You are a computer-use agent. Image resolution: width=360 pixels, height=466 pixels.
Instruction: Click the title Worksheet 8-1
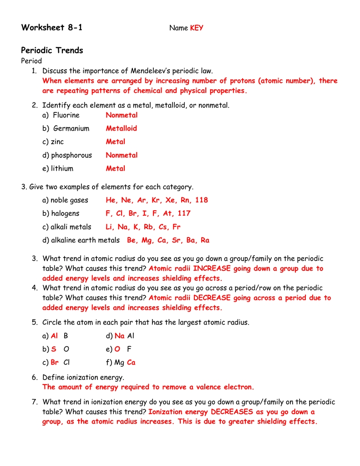point(52,28)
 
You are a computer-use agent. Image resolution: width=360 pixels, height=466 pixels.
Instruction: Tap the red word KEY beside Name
point(197,28)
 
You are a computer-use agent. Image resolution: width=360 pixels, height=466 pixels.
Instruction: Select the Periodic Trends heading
point(52,51)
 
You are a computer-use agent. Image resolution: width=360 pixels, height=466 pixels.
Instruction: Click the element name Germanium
point(71,128)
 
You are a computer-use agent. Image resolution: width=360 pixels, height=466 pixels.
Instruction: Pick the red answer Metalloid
point(121,128)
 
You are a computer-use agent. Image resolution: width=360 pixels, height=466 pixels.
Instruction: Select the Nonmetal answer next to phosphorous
point(122,155)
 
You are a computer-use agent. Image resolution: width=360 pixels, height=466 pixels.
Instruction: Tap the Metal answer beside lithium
point(115,168)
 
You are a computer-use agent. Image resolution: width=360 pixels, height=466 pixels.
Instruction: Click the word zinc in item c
point(58,142)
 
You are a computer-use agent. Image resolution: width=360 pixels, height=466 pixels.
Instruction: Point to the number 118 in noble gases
point(201,200)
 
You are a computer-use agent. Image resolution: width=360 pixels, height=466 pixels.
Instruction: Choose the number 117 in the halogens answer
point(184,213)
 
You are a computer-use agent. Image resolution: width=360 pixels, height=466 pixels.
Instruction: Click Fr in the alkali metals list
point(176,227)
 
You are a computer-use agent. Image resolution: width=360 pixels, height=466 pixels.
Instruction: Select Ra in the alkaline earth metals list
point(205,240)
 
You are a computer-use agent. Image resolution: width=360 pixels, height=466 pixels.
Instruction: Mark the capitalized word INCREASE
point(212,268)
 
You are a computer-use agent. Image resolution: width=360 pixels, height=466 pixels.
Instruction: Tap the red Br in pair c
point(55,363)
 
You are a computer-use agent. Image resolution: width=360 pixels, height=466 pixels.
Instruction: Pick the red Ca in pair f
point(131,363)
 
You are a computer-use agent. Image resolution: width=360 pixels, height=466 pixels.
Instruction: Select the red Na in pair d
point(120,336)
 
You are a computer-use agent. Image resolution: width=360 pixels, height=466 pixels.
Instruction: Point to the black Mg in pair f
point(119,363)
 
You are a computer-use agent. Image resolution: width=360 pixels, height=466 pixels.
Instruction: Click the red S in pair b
point(54,349)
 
